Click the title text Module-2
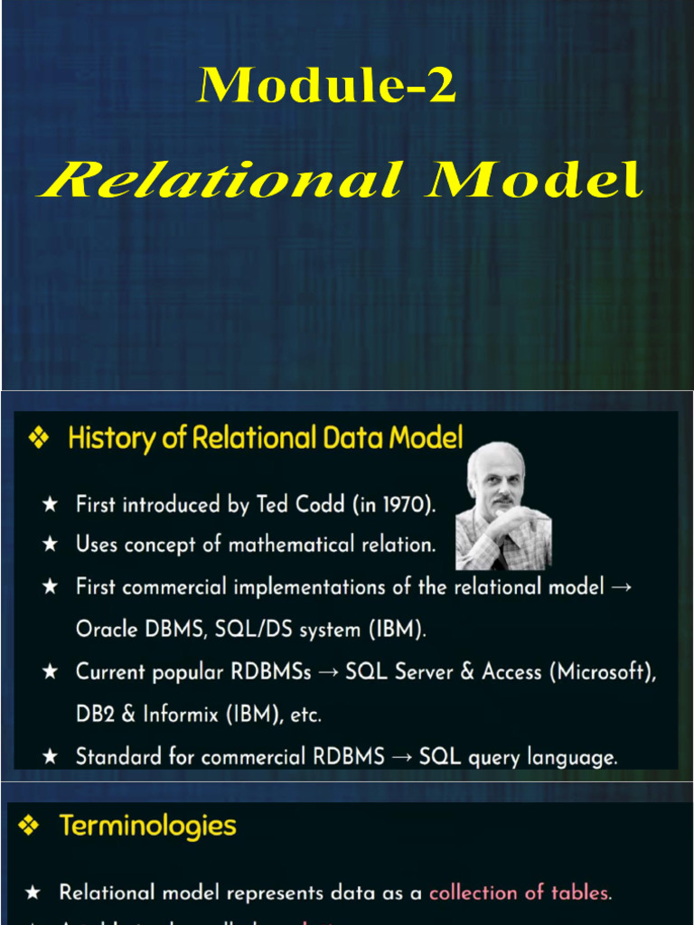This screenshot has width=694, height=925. point(327,87)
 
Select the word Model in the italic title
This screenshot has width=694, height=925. point(535,180)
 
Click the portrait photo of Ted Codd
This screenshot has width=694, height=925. point(504,506)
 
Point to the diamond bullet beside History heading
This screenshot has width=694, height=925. point(39,439)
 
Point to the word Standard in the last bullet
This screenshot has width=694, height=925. point(114,756)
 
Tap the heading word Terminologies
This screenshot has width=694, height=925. point(148,826)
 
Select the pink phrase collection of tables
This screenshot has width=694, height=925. point(519,892)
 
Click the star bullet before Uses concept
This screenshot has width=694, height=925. point(51,545)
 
